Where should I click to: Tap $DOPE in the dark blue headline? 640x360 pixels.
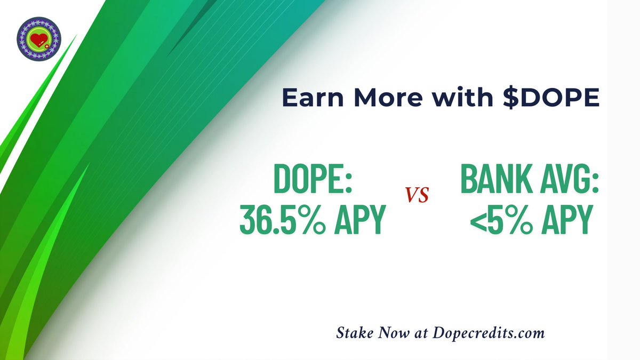point(544,99)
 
